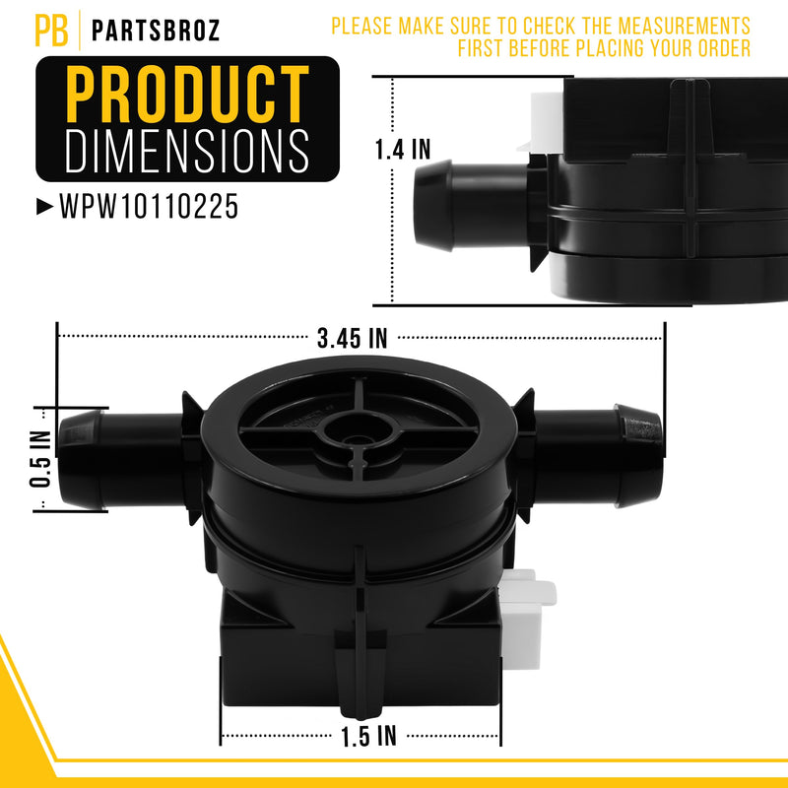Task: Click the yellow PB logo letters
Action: [51, 31]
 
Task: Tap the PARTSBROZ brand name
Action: [156, 31]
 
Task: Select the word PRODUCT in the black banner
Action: [187, 94]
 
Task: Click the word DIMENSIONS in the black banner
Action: [187, 151]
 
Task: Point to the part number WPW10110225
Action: [149, 207]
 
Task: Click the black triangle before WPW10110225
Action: [44, 207]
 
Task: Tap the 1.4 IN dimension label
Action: [403, 150]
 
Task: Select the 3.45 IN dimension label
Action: [353, 338]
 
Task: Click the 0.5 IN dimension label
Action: [40, 459]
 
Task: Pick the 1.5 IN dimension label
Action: [368, 736]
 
